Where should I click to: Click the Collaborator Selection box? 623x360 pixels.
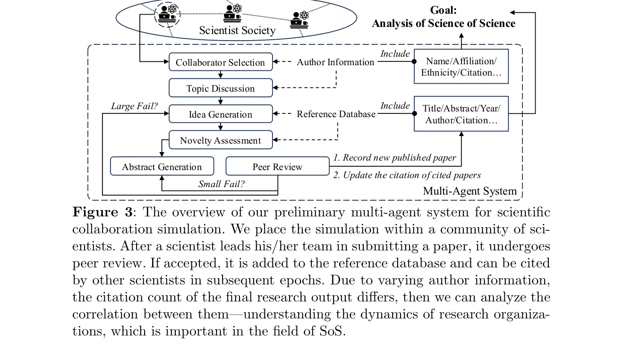click(221, 62)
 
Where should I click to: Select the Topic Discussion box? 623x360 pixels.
click(221, 88)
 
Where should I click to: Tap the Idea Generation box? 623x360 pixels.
click(221, 114)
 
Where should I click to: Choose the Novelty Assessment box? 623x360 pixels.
click(221, 140)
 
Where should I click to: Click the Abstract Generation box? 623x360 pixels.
click(162, 167)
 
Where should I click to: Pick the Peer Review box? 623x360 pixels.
click(277, 167)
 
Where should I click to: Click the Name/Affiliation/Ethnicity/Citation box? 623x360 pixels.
click(461, 67)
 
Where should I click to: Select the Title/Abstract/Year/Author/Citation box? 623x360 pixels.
click(461, 114)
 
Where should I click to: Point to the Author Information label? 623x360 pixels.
click(335, 62)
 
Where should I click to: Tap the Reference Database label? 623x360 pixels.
click(336, 114)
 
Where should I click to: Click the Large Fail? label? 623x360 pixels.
click(134, 106)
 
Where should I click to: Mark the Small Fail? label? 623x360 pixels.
click(221, 184)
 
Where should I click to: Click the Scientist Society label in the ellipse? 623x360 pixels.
click(237, 31)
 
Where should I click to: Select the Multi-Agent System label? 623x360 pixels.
click(469, 191)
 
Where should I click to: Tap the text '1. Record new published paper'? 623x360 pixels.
click(394, 158)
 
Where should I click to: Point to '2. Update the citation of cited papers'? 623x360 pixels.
click(407, 175)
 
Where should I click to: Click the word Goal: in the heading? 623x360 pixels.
click(443, 10)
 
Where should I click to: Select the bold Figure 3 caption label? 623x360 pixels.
click(102, 212)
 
